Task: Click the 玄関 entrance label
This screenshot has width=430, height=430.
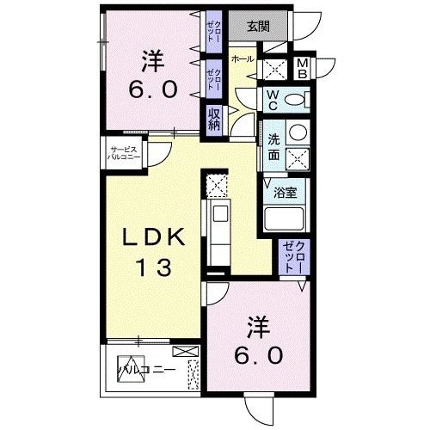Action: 258,25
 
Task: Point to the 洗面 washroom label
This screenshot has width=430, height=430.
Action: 273,147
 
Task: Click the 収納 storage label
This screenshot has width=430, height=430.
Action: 213,118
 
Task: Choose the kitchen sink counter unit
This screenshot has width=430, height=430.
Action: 218,228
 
